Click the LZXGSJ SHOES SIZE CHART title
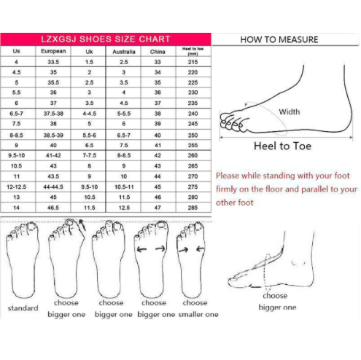click(106, 39)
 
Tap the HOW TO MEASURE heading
click(279, 39)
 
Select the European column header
click(53, 51)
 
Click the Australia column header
click(124, 52)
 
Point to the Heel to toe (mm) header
click(193, 51)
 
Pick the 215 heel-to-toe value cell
click(193, 62)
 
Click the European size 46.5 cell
click(53, 208)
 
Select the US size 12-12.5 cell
click(16, 187)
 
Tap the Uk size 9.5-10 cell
click(90, 187)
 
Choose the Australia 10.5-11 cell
click(124, 187)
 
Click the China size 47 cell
click(158, 208)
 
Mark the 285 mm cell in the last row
click(193, 208)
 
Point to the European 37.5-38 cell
click(53, 114)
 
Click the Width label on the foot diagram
click(290, 112)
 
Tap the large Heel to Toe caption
click(282, 146)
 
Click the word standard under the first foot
click(23, 308)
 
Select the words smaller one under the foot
click(198, 314)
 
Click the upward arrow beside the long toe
click(82, 224)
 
